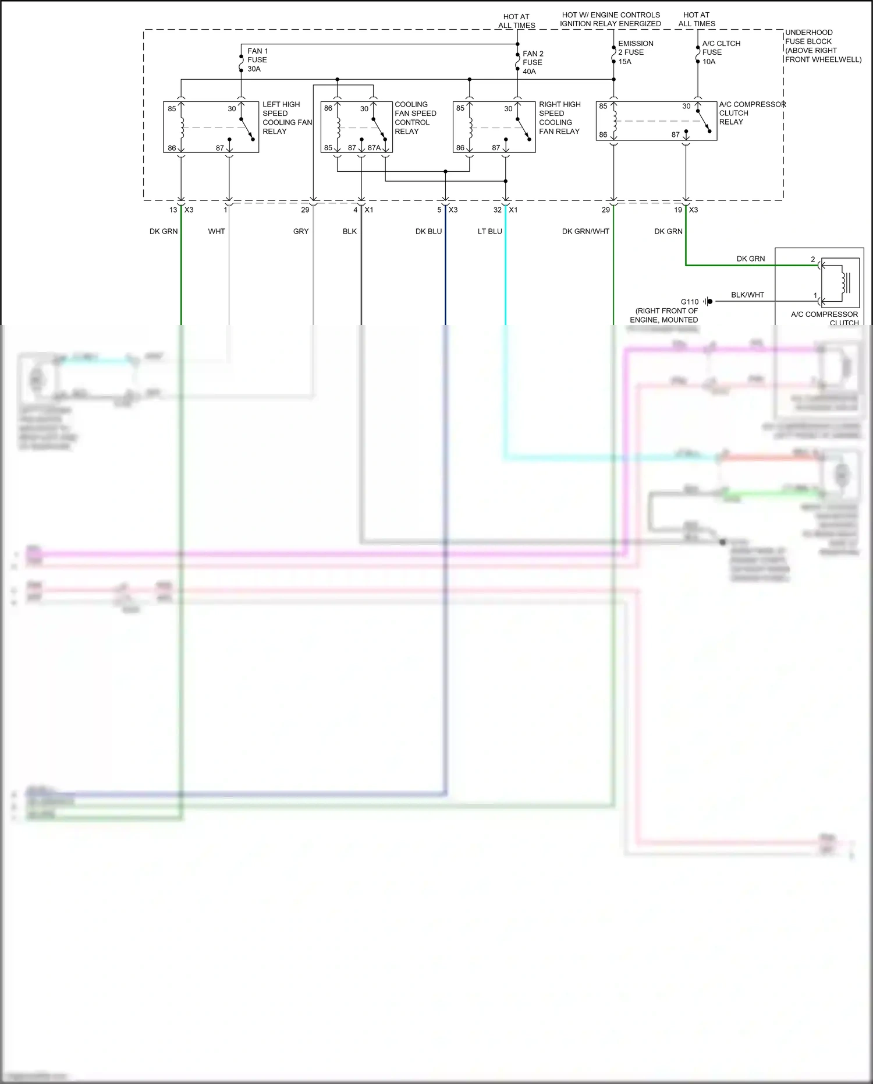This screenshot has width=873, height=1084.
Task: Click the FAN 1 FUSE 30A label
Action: pos(257,60)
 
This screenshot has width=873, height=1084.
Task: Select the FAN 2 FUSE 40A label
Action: pos(533,62)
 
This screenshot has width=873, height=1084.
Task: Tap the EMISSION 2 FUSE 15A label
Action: pos(635,52)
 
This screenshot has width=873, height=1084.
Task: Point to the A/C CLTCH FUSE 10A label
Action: pos(721,52)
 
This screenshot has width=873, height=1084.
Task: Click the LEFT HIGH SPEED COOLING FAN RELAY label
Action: pos(286,118)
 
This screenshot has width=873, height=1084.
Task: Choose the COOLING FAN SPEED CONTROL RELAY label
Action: pos(415,118)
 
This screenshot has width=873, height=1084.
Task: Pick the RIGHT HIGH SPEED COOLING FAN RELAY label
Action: pos(559,118)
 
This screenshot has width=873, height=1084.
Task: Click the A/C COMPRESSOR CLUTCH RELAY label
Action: pos(751,113)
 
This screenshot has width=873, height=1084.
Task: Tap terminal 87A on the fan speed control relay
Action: pos(374,148)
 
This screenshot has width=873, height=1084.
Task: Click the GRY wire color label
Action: pos(301,231)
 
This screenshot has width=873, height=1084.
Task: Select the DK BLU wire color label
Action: pos(428,231)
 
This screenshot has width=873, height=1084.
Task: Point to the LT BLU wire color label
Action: pos(489,231)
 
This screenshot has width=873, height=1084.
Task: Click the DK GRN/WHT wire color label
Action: pos(585,231)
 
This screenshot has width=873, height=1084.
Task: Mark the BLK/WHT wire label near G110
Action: pos(747,295)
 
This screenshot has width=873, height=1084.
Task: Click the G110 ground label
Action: pos(689,302)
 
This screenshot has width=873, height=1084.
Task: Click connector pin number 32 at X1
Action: pos(497,210)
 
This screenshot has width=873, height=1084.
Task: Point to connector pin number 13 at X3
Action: pos(173,210)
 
